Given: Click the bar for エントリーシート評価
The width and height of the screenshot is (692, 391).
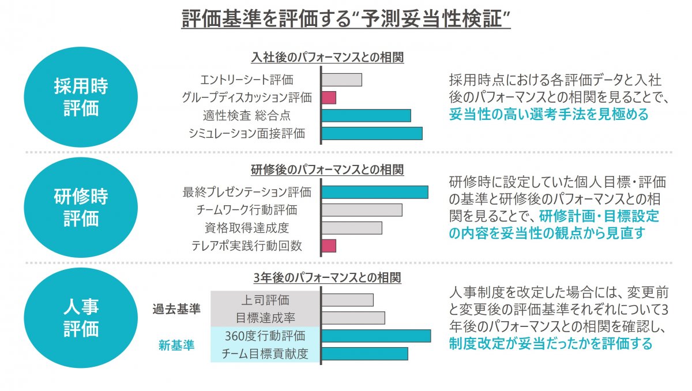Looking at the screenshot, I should coord(341,80).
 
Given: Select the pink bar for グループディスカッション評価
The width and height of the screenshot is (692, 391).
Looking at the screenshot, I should coord(329,97).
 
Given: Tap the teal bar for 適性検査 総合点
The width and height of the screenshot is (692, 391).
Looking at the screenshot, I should coord(366,115).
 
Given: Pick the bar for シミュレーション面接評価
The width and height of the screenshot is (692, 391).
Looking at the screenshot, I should coord(372,133).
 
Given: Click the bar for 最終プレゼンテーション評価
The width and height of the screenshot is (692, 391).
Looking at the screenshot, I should coord(375,192).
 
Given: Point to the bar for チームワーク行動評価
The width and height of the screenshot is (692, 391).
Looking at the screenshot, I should coord(362,210).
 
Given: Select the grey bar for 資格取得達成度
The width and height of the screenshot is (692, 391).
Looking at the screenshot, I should coord(352,228).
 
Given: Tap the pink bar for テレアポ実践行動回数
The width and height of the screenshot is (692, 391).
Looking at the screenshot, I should coord(329,246).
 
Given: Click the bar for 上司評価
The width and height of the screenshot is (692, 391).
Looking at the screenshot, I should coord(347,300).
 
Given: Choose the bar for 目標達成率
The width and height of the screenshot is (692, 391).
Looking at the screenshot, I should coord(353,318).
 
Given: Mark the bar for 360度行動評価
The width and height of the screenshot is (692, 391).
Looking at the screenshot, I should coord(376,336).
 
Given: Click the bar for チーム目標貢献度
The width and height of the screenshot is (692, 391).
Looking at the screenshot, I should coord(364,354).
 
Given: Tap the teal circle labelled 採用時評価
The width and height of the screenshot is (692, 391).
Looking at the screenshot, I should coord(81,97).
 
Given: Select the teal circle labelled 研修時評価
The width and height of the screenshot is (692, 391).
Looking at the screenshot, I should coord(81,208).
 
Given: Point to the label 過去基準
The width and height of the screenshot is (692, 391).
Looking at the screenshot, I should coord(176,309).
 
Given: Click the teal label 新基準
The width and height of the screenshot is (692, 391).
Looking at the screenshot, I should coord(176,345).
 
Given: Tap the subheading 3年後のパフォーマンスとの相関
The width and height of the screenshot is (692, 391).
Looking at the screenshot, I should coord(327,277).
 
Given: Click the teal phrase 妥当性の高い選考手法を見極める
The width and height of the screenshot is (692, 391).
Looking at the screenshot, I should coord(548,114).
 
